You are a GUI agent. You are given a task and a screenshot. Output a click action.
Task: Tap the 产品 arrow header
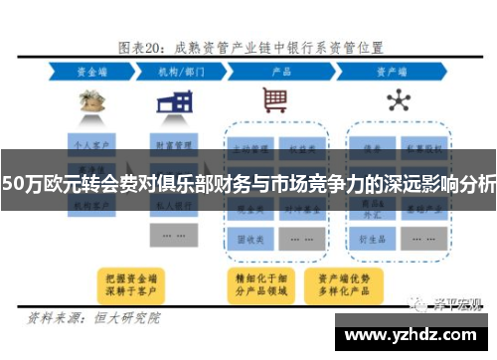(282, 73)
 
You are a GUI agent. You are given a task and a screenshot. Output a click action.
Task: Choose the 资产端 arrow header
(395, 73)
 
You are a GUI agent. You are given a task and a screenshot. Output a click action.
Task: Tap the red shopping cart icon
(275, 99)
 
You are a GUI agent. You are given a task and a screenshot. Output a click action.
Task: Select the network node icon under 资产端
(398, 99)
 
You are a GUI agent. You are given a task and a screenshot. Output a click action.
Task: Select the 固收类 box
(250, 240)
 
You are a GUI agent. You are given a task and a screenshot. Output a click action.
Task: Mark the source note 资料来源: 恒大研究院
(95, 319)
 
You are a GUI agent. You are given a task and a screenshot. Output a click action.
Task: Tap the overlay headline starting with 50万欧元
(248, 183)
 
